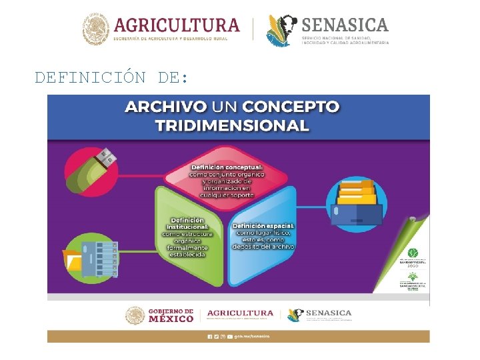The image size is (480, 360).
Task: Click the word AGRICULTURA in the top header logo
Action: point(177,25)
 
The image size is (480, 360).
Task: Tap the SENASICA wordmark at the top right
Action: point(345,25)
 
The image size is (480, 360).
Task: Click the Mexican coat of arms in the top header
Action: point(95,30)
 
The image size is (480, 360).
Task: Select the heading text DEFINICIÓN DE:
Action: point(112,77)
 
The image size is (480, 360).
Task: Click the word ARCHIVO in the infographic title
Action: point(164,107)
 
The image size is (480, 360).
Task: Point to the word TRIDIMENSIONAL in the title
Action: point(232,125)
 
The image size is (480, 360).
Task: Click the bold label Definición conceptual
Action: point(227,167)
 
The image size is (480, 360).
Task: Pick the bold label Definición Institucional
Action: point(187,224)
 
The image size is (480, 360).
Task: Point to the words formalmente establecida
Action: point(187,251)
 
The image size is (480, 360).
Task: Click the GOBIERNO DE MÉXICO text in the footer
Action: point(170,315)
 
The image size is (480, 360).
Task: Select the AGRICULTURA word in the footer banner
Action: point(240,313)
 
